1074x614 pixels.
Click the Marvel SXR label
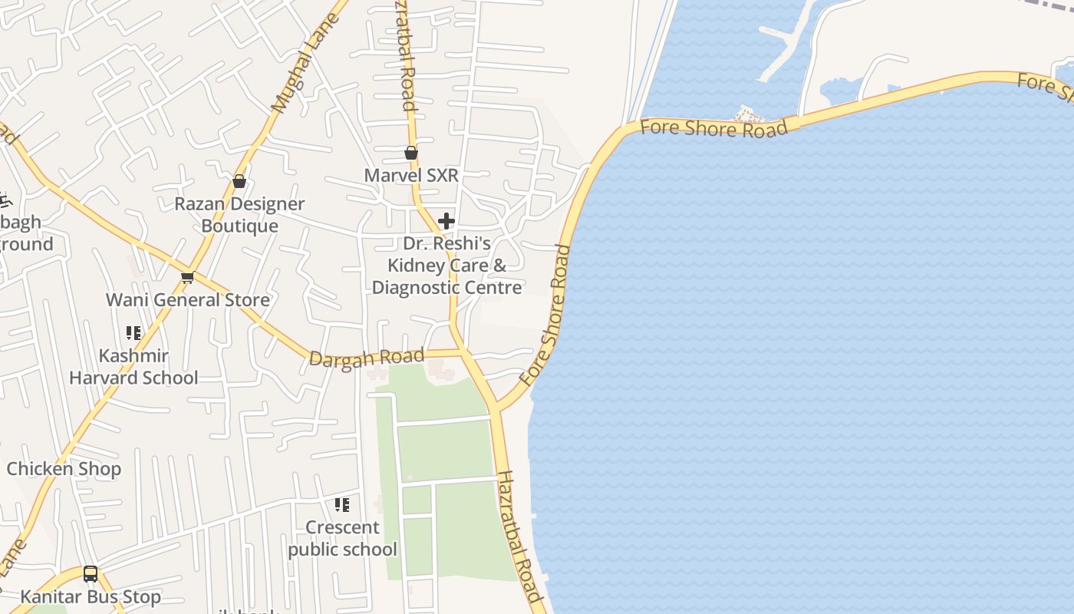point(411,175)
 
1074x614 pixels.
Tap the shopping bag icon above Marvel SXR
point(411,153)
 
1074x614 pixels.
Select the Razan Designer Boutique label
point(239,215)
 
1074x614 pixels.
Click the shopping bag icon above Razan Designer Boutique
point(239,181)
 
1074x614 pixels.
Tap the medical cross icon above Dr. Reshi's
point(446,222)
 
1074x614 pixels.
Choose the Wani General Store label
point(188,300)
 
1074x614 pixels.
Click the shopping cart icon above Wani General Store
point(187,277)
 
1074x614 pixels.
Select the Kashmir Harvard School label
point(133,367)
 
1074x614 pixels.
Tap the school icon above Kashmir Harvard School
point(133,333)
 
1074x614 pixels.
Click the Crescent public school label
point(342,538)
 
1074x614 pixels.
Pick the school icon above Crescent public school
point(342,504)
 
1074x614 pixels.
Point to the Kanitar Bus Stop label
point(91,596)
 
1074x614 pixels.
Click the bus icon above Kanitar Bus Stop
point(91,573)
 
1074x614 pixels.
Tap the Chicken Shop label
point(64,469)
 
